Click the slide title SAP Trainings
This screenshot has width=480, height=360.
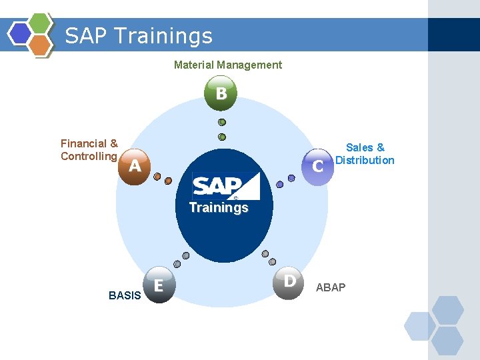[x=139, y=35]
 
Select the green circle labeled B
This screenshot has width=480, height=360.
[x=221, y=93]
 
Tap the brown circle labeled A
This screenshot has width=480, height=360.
[x=134, y=166]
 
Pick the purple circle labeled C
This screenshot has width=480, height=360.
[x=318, y=165]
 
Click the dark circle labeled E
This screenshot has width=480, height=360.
[x=159, y=285]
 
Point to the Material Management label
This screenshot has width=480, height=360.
[x=227, y=65]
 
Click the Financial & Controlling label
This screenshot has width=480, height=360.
[x=89, y=150]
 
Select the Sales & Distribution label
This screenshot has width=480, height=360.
[x=365, y=154]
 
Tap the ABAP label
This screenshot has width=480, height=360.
[x=331, y=287]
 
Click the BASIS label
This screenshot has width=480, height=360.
[x=125, y=295]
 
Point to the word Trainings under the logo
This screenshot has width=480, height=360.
[x=219, y=207]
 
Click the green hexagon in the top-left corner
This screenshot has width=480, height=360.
[x=40, y=23]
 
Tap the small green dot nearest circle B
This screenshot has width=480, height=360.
[x=222, y=122]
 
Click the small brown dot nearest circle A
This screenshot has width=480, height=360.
[x=157, y=177]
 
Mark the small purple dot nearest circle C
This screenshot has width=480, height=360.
[x=291, y=177]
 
